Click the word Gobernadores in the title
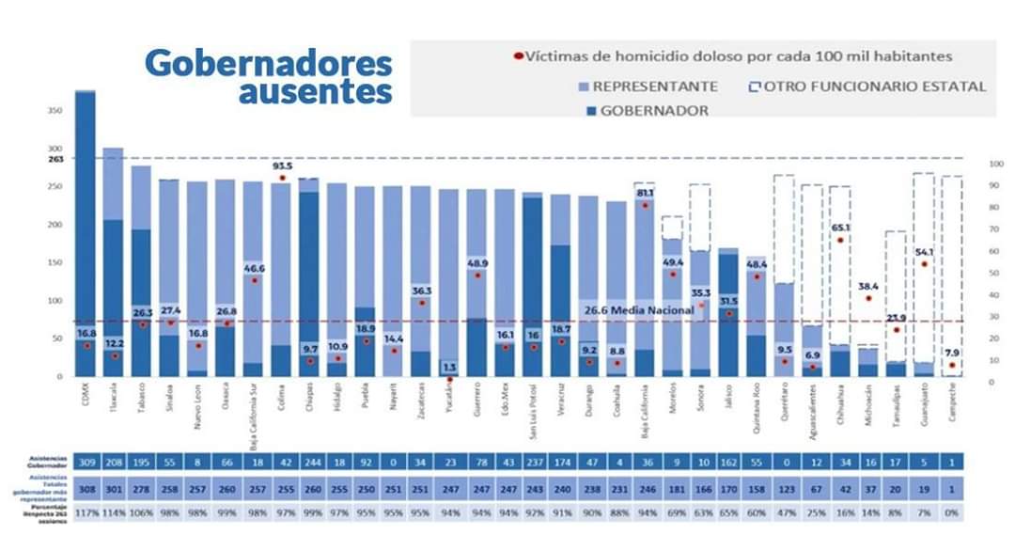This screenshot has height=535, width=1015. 268,64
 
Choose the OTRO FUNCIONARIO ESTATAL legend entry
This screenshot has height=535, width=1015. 875,87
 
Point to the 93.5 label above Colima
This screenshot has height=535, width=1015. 281,165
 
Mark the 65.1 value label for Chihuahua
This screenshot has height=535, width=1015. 840,228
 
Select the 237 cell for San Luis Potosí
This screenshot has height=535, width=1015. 532,462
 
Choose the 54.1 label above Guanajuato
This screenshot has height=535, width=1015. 925,253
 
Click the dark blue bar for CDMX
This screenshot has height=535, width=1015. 86,226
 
